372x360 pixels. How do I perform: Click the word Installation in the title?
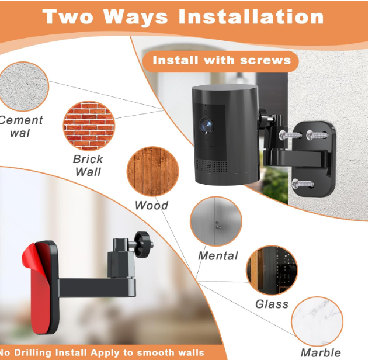pos(251,16)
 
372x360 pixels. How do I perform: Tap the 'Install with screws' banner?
pos(220,61)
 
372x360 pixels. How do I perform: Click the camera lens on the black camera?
pos(206,126)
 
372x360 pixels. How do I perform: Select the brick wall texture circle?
pos(89,126)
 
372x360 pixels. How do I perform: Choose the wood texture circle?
pos(153,171)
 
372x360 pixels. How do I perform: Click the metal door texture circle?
pos(216,221)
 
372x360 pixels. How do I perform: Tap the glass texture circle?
pos(272,270)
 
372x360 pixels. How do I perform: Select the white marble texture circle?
pos(317,321)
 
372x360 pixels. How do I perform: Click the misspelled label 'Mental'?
pos(218,256)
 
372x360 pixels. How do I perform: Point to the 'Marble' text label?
pos(321,352)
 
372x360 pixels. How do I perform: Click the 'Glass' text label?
pos(272,304)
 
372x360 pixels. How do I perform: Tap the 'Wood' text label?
pos(151,205)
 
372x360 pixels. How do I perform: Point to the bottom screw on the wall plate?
pos(303,184)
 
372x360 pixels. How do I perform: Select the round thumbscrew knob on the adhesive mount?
pos(142,244)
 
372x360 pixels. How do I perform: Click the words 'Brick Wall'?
pos(88,165)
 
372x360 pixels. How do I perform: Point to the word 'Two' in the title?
pos(68,16)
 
